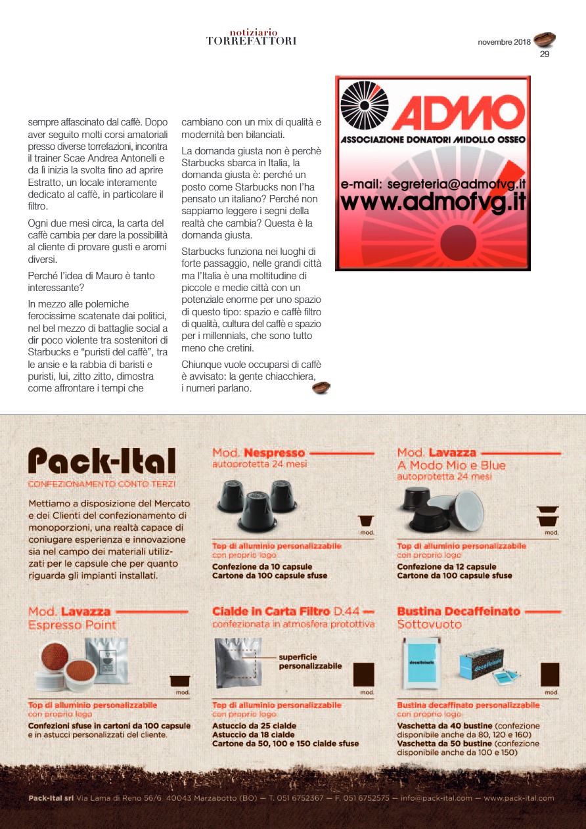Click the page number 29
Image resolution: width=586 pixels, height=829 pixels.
tap(544, 55)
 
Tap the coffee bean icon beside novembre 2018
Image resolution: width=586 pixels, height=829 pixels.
tap(545, 41)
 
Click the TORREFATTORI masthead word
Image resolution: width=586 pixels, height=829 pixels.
tap(251, 41)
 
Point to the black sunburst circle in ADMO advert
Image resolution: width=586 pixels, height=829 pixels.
tap(366, 105)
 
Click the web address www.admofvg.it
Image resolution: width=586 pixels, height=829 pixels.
tap(432, 201)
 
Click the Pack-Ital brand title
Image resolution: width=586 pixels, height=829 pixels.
tap(102, 461)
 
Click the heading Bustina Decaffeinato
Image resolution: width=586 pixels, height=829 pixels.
tap(459, 612)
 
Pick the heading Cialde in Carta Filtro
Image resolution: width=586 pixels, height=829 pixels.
tap(271, 612)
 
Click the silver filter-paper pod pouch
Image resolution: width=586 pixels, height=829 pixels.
tap(238, 661)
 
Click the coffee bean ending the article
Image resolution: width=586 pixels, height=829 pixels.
tap(321, 388)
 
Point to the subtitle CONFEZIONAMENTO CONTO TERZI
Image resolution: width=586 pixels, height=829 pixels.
tap(102, 484)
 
